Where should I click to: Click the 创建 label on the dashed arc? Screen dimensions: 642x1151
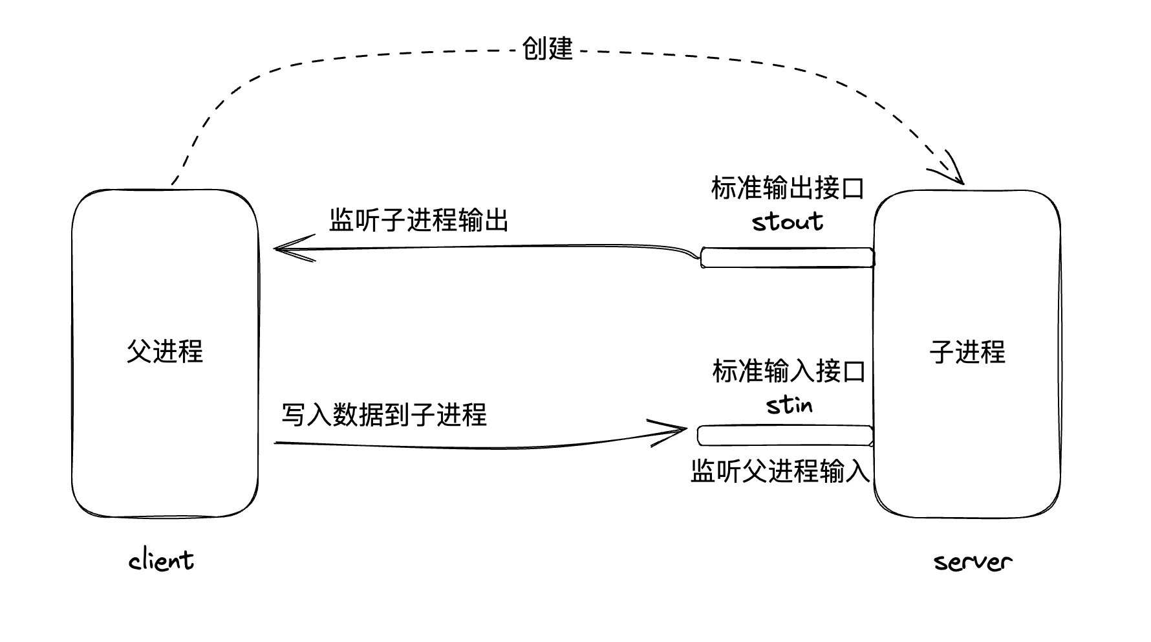[547, 49]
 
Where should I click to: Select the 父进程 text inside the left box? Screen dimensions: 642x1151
[165, 351]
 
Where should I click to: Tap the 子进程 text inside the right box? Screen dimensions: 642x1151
[967, 351]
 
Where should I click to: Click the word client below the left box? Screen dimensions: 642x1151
[161, 560]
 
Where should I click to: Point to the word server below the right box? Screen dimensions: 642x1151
[973, 562]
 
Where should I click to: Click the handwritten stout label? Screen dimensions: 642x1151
[788, 222]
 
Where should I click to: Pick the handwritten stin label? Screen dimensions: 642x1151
[789, 405]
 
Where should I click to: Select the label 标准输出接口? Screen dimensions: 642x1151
[788, 188]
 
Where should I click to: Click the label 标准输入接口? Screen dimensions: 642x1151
[789, 371]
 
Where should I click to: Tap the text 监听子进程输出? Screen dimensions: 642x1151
[418, 220]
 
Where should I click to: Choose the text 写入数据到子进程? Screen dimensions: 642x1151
[384, 415]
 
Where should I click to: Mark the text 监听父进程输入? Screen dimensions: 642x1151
[780, 471]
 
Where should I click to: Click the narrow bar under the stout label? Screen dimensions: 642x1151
[787, 258]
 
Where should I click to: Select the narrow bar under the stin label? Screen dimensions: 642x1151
[785, 436]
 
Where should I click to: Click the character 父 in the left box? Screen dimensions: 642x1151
[139, 351]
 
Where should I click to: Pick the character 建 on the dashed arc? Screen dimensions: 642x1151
[561, 49]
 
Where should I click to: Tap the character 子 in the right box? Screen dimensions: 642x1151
[942, 351]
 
